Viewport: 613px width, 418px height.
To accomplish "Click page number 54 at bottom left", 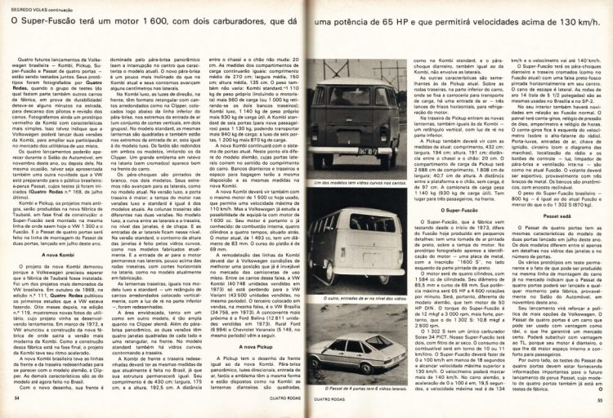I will pos(16,398).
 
